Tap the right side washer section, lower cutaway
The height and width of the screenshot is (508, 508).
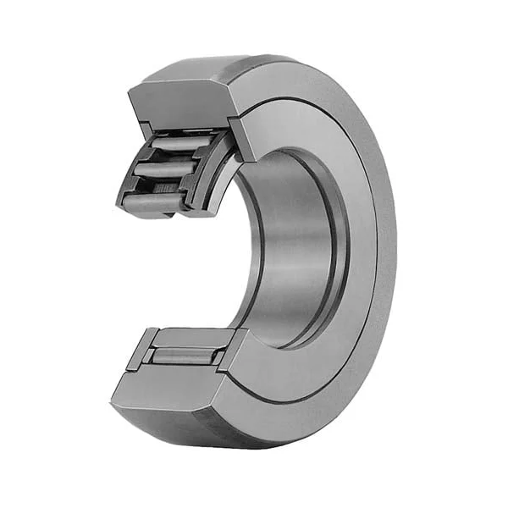click(x=232, y=349)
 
